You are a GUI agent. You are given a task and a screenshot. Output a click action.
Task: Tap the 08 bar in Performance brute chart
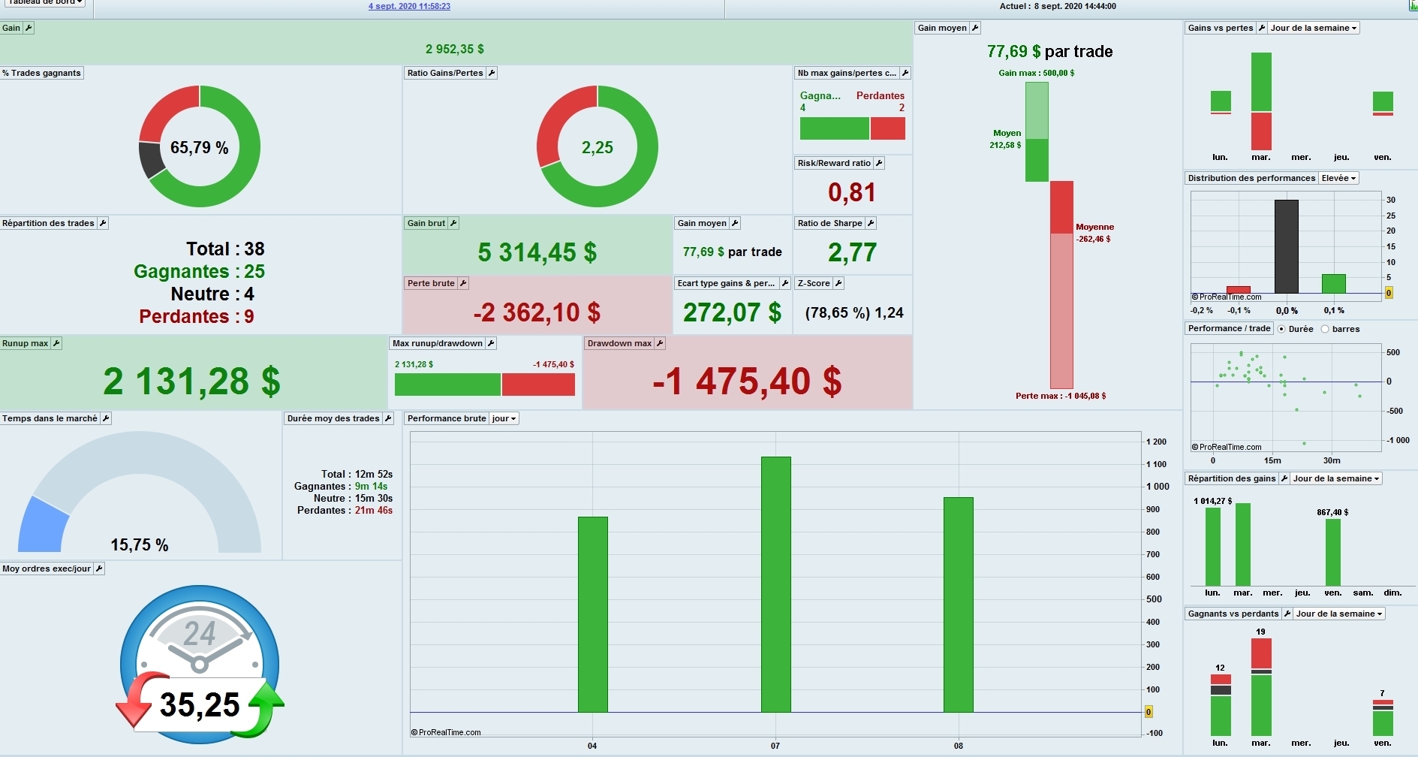click(958, 605)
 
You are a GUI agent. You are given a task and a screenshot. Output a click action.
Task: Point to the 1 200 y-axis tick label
click(1156, 442)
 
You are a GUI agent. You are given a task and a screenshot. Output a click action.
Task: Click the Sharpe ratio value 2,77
click(852, 252)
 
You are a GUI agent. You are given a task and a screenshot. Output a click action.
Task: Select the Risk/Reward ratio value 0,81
click(852, 192)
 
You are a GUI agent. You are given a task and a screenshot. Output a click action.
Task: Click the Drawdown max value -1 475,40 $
click(747, 381)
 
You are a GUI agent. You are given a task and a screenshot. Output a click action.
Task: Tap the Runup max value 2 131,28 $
click(192, 381)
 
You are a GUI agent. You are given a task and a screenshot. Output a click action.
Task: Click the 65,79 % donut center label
click(199, 147)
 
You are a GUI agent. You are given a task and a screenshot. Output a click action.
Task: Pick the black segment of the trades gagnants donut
click(151, 158)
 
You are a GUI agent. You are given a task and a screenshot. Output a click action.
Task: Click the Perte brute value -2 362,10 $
click(537, 312)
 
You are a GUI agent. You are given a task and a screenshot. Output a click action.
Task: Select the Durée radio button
click(1281, 329)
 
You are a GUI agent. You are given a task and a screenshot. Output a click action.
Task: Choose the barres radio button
click(1325, 329)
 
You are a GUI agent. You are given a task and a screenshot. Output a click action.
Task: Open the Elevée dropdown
click(1338, 178)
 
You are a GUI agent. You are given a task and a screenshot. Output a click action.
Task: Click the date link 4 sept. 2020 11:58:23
click(409, 6)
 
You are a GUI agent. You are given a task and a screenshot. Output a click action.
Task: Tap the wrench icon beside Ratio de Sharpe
click(871, 223)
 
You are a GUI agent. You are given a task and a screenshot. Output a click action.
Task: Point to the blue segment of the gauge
click(42, 525)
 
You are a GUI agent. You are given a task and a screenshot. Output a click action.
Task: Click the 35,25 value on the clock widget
click(200, 704)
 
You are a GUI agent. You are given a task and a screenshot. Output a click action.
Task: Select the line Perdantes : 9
click(197, 316)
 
